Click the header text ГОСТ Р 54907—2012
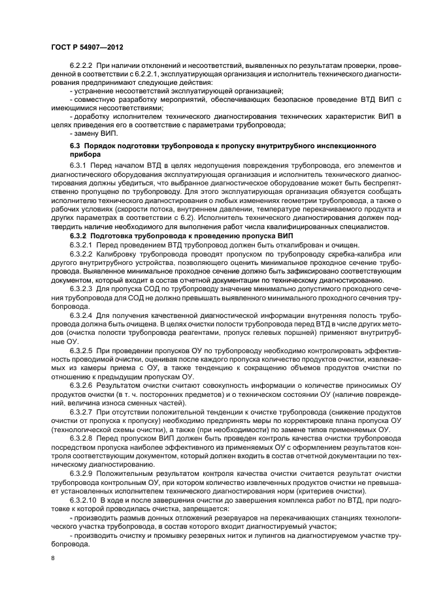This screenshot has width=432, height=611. point(88,48)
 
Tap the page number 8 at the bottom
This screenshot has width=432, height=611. point(54,557)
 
